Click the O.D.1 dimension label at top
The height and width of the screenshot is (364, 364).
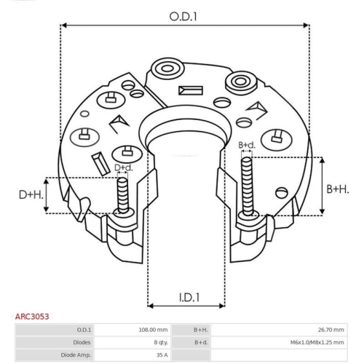tap(183, 17)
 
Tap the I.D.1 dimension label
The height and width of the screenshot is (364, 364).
tap(189, 298)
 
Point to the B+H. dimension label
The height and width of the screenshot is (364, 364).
tap(338, 189)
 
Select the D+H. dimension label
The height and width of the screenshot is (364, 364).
tap(31, 195)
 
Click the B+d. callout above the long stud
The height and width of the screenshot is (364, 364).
tap(247, 145)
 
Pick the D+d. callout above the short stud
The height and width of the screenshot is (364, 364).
tap(124, 167)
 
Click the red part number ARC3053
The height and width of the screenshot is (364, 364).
tap(32, 317)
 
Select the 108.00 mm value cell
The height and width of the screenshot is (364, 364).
tap(153, 330)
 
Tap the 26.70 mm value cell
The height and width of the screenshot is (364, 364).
tap(331, 330)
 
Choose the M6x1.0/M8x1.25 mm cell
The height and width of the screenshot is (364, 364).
tap(317, 342)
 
